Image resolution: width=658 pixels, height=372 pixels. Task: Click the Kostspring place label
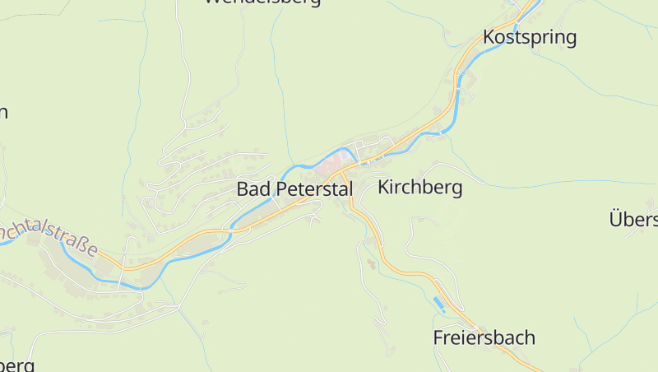click(530, 37)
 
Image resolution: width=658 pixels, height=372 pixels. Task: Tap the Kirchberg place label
click(419, 188)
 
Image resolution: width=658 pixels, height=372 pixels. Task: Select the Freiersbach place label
click(484, 337)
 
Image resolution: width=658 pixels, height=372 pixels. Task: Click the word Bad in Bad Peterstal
click(253, 188)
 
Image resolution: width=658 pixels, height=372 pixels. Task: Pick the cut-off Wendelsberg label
click(262, 2)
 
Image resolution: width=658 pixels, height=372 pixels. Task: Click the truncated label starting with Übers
click(633, 219)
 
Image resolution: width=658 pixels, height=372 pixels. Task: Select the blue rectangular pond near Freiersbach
click(438, 305)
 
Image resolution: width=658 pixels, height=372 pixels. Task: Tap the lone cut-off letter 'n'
click(3, 113)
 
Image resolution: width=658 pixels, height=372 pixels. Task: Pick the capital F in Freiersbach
click(438, 337)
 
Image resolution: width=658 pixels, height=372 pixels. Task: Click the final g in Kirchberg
click(456, 189)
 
